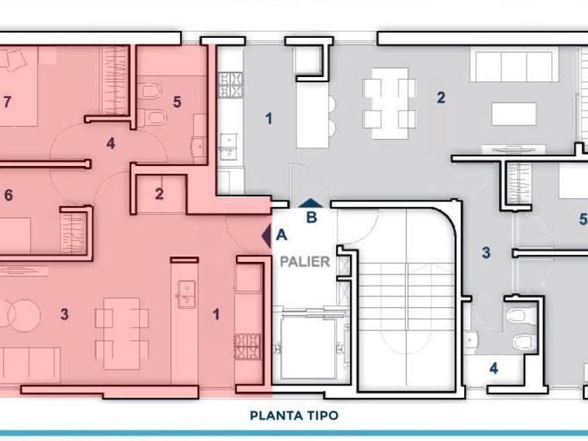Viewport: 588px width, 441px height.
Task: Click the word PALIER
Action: (305, 261)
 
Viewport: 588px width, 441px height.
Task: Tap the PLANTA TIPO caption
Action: (294, 416)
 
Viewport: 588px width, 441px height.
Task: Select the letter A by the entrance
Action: (281, 235)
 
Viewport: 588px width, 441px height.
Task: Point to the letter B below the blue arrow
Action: (311, 217)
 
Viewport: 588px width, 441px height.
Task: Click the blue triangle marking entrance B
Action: (311, 203)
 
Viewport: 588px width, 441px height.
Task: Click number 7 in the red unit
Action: (7, 101)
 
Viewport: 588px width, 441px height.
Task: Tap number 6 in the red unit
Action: (8, 195)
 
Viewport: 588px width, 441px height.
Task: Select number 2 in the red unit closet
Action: (159, 194)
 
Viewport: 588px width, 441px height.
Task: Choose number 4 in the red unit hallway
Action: (111, 143)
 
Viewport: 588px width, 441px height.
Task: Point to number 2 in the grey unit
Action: (441, 97)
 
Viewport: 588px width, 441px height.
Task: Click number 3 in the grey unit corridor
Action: (486, 253)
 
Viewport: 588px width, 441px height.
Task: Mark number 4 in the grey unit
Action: (494, 368)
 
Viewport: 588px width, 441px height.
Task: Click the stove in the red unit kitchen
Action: (248, 347)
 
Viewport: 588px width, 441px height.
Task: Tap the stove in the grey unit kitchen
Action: (230, 85)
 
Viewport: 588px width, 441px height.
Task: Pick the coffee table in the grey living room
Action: (514, 113)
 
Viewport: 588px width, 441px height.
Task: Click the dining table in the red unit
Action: (122, 333)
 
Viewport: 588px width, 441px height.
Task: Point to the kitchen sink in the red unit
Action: (186, 295)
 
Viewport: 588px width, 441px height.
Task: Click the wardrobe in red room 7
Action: (114, 80)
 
